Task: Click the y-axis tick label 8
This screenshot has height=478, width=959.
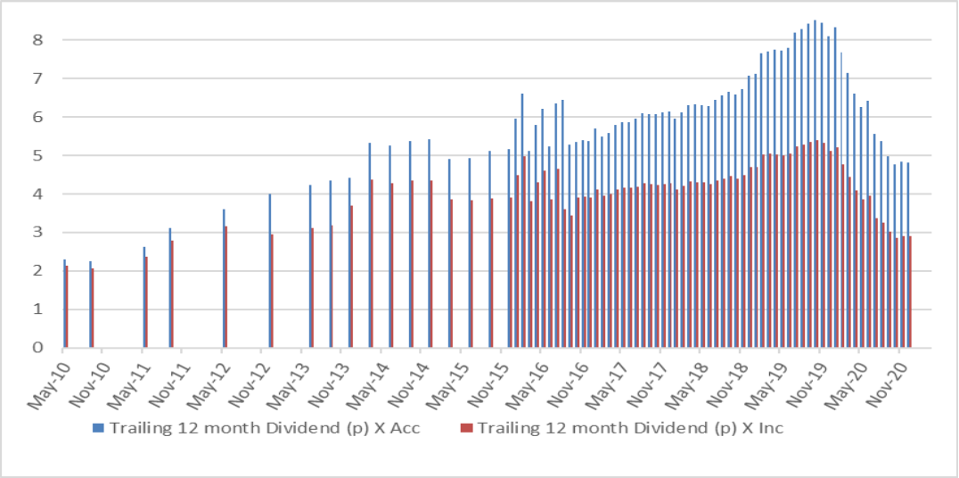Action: coord(37,39)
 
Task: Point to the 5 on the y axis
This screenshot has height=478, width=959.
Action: coord(37,155)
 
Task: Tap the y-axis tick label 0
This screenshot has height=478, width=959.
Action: coord(37,348)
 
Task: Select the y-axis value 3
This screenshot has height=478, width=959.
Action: coord(37,233)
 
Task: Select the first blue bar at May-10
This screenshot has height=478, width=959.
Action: coord(64,303)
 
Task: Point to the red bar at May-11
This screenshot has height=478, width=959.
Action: coord(146,302)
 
